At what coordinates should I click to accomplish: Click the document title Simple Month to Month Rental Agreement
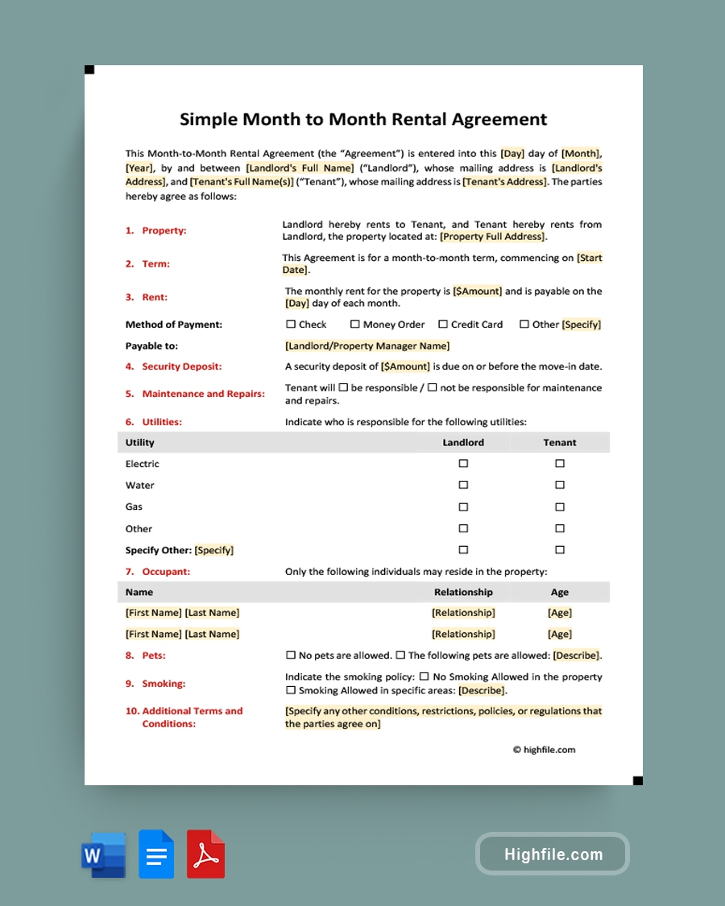[x=362, y=119]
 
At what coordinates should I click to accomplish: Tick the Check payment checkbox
[x=291, y=325]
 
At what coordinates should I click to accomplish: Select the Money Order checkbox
[x=354, y=325]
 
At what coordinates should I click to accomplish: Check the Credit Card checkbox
[x=443, y=325]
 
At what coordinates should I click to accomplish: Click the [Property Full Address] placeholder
[x=493, y=237]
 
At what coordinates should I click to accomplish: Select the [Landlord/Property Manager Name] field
[x=367, y=346]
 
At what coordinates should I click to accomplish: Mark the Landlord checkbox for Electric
[x=463, y=464]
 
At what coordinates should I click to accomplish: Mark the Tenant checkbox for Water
[x=560, y=486]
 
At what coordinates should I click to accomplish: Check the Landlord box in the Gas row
[x=463, y=507]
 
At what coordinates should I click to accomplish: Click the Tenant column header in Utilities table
[x=560, y=442]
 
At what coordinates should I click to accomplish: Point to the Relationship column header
[x=463, y=592]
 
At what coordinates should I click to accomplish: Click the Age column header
[x=560, y=592]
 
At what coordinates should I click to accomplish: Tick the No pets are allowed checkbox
[x=291, y=656]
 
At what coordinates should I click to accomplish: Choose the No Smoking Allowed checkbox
[x=425, y=677]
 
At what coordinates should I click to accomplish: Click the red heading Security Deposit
[x=181, y=366]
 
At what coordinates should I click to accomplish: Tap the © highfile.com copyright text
[x=545, y=750]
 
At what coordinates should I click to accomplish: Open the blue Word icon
[x=103, y=854]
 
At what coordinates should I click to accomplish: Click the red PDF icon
[x=205, y=854]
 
